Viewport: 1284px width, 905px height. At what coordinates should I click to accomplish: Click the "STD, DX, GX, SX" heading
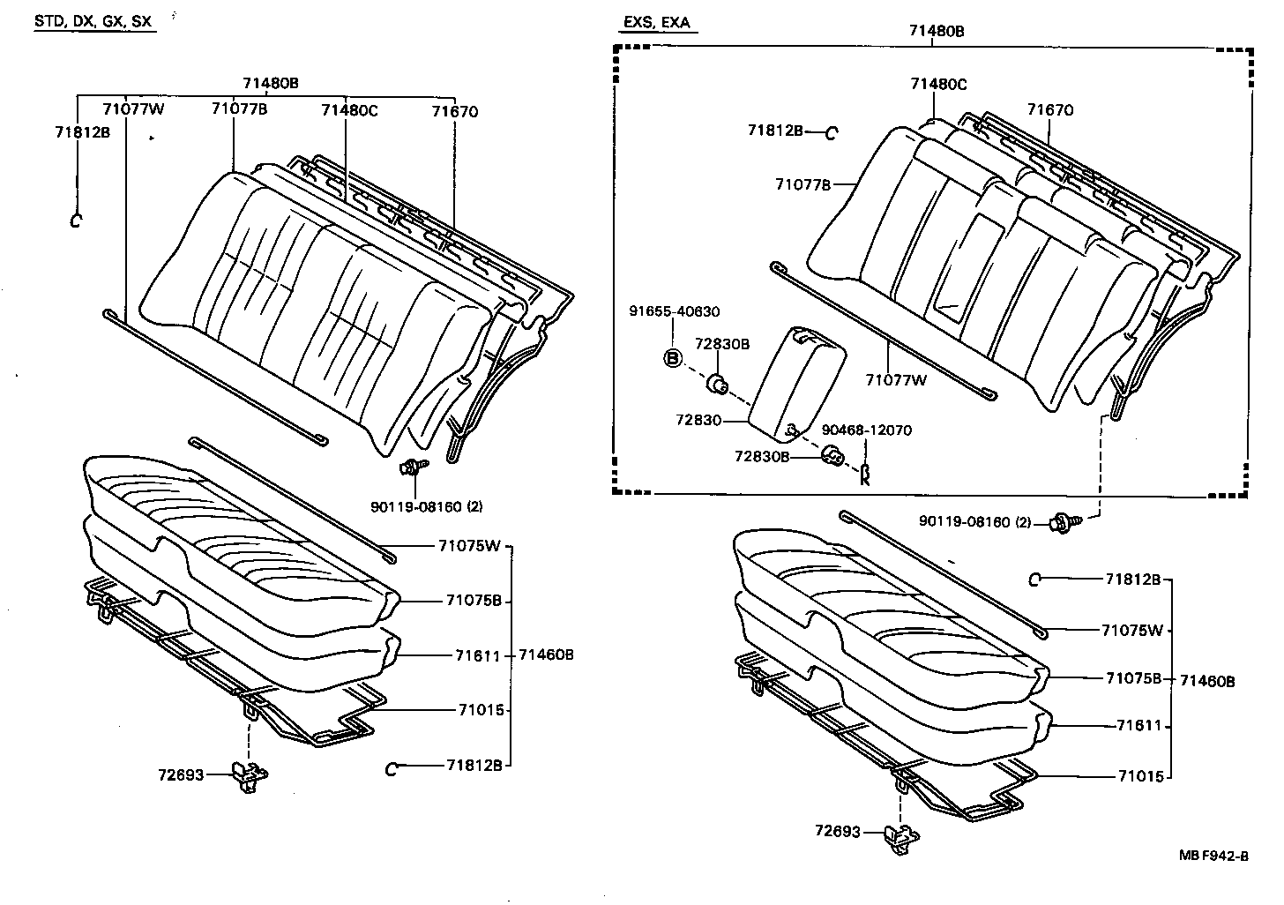94,21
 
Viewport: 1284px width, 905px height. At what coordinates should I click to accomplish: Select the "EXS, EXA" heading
656,22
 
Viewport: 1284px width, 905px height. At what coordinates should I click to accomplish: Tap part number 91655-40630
674,311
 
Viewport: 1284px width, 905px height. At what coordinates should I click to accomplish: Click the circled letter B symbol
673,358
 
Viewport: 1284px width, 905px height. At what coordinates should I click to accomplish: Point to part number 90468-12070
866,430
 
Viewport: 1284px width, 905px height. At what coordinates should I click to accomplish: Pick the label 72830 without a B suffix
699,421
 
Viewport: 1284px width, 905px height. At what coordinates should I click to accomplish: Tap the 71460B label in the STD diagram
546,654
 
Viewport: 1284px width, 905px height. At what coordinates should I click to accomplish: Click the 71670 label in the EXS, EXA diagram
1049,110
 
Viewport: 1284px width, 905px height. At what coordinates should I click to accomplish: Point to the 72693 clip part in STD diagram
250,774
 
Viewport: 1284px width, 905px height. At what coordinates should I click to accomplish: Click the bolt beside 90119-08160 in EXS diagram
1061,524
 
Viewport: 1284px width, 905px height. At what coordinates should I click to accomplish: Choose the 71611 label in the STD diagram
478,655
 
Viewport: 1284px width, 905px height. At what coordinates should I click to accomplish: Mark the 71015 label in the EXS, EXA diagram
1141,776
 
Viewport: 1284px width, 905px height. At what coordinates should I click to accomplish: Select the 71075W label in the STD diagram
468,545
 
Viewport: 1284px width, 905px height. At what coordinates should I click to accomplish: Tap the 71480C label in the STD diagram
348,110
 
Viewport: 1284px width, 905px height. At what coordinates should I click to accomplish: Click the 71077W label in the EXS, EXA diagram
896,380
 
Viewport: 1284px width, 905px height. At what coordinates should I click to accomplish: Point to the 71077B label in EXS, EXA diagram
802,184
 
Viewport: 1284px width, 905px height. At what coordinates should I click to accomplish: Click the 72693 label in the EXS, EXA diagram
837,831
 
